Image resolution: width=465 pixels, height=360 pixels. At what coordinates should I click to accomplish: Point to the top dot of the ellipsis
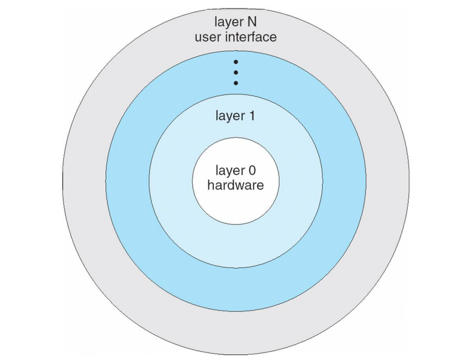click(236, 62)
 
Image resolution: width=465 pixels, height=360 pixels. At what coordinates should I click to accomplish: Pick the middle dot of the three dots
click(236, 72)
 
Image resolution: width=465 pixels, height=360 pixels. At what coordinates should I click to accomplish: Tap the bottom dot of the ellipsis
click(236, 83)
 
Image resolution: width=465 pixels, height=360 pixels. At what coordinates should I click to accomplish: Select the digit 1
click(252, 116)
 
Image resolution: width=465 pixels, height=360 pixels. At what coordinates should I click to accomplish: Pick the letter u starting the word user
click(198, 38)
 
